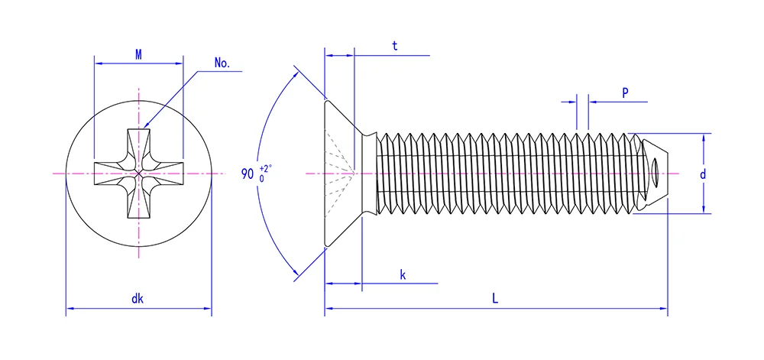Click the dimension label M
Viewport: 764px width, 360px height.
click(138, 54)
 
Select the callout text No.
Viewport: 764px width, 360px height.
click(222, 63)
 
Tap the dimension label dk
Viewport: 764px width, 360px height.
click(138, 299)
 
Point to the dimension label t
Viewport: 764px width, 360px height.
click(395, 45)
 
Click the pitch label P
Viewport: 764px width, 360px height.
click(625, 92)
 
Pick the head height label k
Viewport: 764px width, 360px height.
click(403, 274)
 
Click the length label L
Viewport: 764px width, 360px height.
click(495, 300)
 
